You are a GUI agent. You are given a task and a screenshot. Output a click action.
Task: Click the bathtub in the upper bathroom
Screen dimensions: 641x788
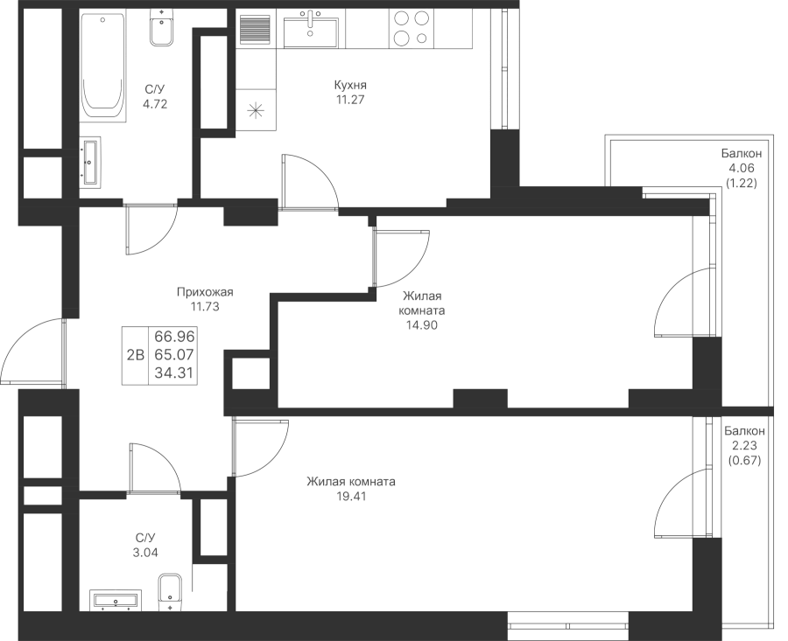[x=102, y=66]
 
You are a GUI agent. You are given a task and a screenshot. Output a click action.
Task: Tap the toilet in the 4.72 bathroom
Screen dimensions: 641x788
[x=161, y=31]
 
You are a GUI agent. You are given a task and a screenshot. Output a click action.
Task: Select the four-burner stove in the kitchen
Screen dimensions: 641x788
[x=411, y=29]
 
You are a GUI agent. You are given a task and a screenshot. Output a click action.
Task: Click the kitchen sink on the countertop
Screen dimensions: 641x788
[x=309, y=30]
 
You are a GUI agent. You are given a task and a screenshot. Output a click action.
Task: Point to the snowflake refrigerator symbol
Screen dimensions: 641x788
[x=256, y=110]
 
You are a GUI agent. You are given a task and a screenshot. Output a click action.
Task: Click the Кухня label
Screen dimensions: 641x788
[x=349, y=86]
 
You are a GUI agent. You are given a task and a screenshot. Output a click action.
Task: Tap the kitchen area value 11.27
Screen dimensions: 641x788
[x=349, y=100]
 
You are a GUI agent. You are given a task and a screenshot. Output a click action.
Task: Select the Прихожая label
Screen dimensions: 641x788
[x=204, y=293]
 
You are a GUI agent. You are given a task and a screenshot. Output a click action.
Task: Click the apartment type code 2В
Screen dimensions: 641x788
[x=136, y=354]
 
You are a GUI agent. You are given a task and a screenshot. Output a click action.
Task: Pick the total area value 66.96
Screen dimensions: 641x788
[x=173, y=337]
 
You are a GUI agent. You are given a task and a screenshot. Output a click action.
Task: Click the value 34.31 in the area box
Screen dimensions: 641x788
[x=173, y=370]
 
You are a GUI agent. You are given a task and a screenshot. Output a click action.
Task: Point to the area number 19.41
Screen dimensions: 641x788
[x=350, y=496]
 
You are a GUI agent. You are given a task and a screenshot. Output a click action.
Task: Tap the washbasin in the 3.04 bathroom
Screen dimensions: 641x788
[x=116, y=599]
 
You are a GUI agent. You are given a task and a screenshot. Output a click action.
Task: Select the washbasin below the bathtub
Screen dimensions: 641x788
[x=90, y=162]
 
